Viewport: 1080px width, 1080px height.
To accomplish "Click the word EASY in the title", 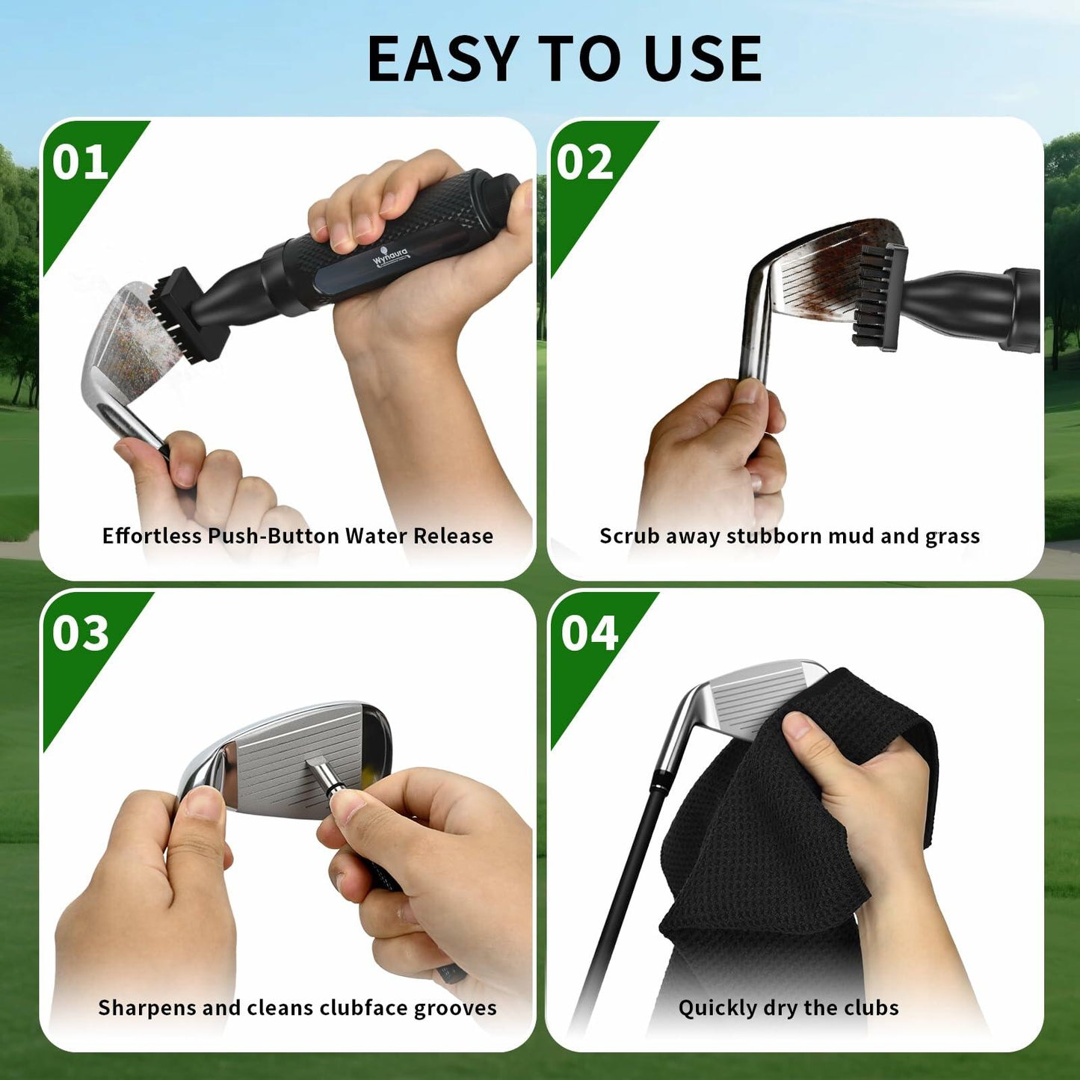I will (442, 59).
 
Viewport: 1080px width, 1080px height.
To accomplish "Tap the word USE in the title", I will (703, 59).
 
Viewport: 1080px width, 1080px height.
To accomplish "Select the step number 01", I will (80, 162).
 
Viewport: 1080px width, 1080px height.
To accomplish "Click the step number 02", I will (584, 162).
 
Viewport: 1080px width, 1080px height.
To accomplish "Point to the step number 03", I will (81, 633).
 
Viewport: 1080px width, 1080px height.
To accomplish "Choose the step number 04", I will (590, 633).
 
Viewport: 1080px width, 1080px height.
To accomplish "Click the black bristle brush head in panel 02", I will (880, 297).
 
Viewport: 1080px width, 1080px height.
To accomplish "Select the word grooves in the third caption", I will (454, 1008).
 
